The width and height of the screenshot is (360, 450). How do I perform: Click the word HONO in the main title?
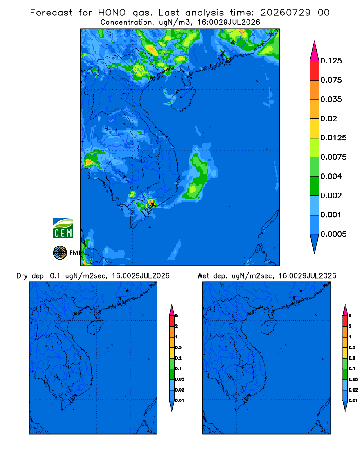pos(112,13)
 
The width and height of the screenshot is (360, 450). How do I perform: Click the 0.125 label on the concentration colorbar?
pos(331,61)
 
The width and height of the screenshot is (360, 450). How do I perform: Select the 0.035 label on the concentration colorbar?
pos(331,99)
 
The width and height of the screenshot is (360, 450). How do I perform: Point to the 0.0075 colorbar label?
pos(333,157)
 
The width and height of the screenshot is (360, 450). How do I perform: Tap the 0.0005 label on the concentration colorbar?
pos(333,234)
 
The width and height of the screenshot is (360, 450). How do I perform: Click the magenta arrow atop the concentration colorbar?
pos(315,51)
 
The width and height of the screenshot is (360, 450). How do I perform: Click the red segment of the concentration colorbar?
pos(315,71)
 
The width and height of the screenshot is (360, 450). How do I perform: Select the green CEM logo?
pos(63,228)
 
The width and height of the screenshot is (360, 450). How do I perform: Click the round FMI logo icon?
pos(60,253)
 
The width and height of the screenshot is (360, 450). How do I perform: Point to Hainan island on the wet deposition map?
pos(269,327)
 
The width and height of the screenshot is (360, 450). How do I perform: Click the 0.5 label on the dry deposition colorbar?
pos(178,347)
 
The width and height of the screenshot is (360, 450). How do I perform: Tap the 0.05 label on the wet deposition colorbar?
pos(353,379)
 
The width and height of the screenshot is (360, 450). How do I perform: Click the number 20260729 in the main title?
pos(285,13)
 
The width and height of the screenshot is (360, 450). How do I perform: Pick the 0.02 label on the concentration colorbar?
pos(328,118)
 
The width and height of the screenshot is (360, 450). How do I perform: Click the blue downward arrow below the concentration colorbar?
pos(315,243)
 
